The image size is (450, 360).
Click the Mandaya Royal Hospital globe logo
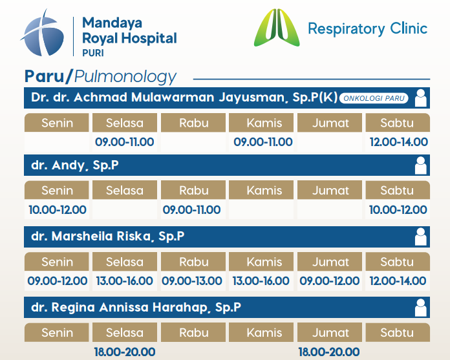click(43, 33)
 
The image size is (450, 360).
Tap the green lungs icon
click(277, 28)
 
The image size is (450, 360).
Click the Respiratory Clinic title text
click(368, 29)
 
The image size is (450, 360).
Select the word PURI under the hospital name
click(93, 53)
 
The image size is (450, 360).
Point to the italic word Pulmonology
click(125, 77)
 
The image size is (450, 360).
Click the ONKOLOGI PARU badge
click(374, 98)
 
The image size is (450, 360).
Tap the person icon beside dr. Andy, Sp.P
click(421, 165)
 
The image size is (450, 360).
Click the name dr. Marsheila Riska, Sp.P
click(107, 237)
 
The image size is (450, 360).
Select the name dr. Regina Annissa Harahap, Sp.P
click(136, 308)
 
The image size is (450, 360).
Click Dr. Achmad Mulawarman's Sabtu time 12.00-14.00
click(399, 142)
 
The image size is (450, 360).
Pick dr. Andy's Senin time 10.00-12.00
click(58, 209)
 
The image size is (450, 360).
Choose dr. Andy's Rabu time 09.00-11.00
click(192, 209)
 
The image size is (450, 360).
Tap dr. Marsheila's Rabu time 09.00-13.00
click(192, 281)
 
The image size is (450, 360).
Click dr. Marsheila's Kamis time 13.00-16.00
click(261, 281)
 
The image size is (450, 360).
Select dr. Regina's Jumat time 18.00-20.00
click(329, 352)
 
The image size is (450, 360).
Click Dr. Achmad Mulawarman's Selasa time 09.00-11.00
click(125, 142)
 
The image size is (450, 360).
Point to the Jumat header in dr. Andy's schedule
click(330, 190)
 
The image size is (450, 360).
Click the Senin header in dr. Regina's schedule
click(56, 332)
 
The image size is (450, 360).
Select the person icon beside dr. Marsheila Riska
click(421, 237)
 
